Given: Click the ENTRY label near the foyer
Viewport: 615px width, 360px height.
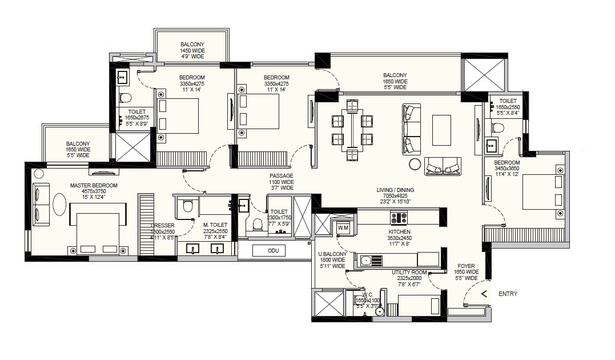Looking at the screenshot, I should (x=508, y=294).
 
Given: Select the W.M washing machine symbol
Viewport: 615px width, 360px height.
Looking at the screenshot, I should (x=343, y=228).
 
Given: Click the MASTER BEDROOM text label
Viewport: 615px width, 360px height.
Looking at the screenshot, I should (x=94, y=185).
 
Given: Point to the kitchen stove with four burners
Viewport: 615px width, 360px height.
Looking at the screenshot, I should (x=398, y=218).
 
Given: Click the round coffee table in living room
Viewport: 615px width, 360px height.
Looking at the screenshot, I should (x=415, y=165).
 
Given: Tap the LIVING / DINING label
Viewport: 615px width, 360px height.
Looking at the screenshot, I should (x=395, y=190).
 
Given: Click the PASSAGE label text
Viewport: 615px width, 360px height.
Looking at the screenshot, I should (x=282, y=175).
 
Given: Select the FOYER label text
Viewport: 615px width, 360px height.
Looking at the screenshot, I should (x=466, y=266).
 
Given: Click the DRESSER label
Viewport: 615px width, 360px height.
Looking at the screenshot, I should (x=163, y=226).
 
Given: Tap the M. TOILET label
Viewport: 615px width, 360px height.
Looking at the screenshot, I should (x=215, y=225).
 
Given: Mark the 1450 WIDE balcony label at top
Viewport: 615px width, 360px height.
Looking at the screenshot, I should (x=192, y=50).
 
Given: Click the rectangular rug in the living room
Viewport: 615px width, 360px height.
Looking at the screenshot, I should (x=441, y=130).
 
